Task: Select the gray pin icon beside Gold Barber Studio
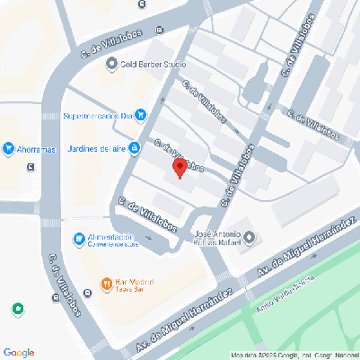(112, 64)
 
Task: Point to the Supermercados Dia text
(98, 115)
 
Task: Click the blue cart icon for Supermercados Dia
(141, 115)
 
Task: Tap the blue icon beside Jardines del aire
(134, 148)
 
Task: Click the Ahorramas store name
(37, 148)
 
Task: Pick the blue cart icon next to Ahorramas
(8, 148)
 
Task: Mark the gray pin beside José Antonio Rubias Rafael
(250, 238)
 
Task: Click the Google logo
(19, 351)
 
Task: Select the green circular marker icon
(17, 310)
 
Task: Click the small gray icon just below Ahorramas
(31, 166)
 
